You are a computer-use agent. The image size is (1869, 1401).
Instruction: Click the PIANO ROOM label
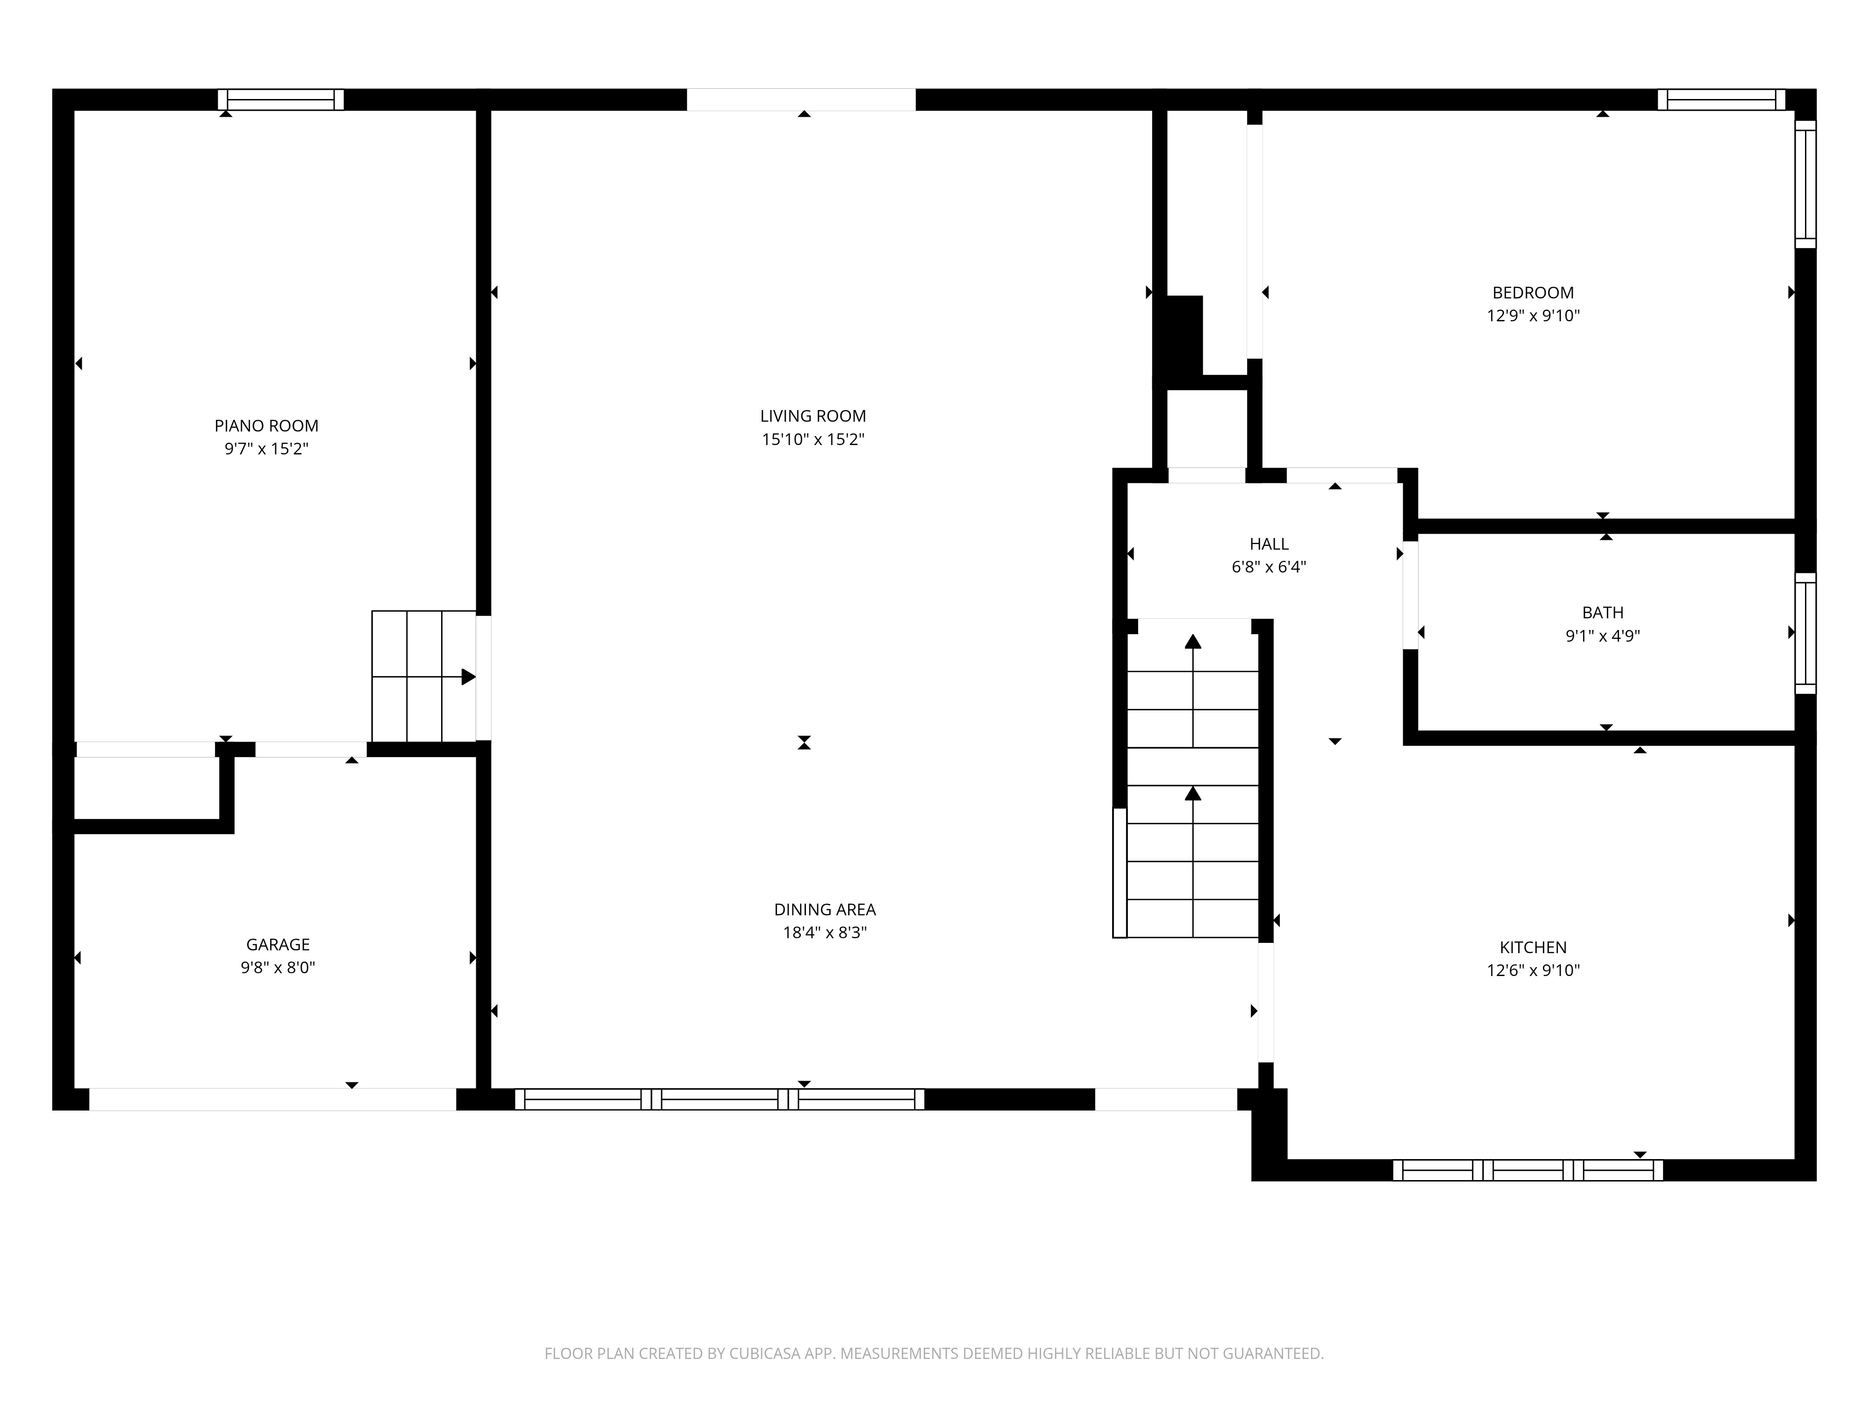(x=266, y=425)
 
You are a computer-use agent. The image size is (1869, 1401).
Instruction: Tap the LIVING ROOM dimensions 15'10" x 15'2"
(x=813, y=439)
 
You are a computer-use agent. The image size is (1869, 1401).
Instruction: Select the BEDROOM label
(x=1533, y=293)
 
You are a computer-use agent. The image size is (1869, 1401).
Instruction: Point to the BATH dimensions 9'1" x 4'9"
(x=1602, y=636)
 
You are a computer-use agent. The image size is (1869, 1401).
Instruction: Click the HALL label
(x=1269, y=544)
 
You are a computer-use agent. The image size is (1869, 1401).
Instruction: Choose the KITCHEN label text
(x=1533, y=948)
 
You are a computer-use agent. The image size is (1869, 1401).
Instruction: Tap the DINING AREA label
(x=825, y=910)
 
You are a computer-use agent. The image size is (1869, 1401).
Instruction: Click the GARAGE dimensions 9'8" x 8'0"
(x=278, y=968)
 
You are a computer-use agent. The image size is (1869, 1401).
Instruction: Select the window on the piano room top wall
(x=280, y=99)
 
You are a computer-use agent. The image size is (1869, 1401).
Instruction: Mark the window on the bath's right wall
(x=1805, y=633)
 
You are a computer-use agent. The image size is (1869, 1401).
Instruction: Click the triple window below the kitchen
(x=1527, y=1170)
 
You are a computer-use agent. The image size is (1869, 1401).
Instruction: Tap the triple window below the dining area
(x=719, y=1099)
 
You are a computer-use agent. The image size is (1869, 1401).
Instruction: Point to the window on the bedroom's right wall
(x=1805, y=184)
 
